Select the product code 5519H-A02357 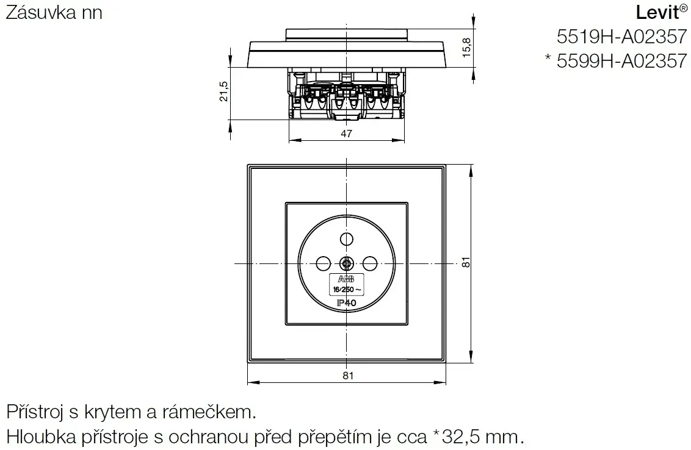click(x=621, y=38)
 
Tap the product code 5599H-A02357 click(x=621, y=61)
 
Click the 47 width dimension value click(x=346, y=135)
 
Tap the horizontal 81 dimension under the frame click(x=347, y=376)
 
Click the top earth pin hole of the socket click(x=346, y=238)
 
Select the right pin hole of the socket click(x=369, y=263)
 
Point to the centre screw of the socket click(x=346, y=263)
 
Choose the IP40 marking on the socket click(x=347, y=302)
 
